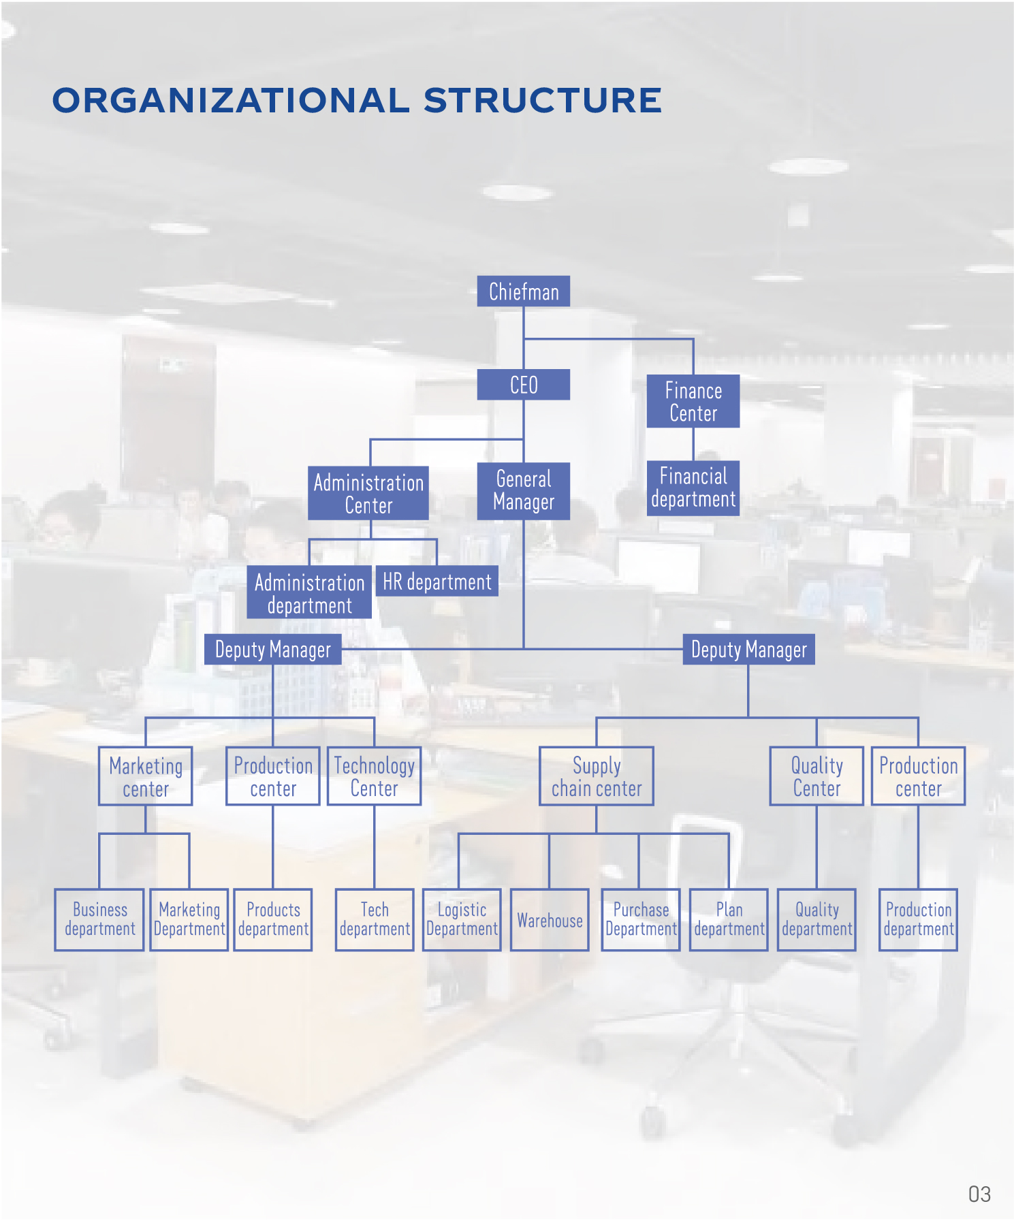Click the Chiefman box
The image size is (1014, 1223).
(x=523, y=291)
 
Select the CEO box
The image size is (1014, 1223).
(x=523, y=385)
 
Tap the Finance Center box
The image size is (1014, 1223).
(x=693, y=402)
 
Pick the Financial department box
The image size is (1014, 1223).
(x=693, y=488)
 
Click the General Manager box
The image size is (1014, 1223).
(x=523, y=491)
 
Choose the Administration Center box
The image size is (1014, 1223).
(x=368, y=494)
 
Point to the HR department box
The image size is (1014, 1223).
(x=437, y=582)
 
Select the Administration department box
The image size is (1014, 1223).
(x=309, y=593)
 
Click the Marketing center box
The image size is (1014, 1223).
(x=146, y=777)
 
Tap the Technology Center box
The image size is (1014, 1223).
(x=374, y=777)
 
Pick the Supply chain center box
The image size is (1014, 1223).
(x=597, y=777)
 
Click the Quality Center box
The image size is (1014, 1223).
(x=817, y=777)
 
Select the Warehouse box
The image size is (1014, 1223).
(x=550, y=920)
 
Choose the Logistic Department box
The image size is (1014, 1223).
(x=462, y=920)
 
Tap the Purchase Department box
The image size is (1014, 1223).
(x=641, y=920)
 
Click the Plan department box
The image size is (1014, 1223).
(x=729, y=920)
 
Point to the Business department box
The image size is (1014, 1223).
(x=99, y=920)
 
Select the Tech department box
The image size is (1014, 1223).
(x=375, y=920)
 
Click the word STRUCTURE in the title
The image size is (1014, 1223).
(x=542, y=101)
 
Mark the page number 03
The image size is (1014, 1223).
(x=979, y=1194)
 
